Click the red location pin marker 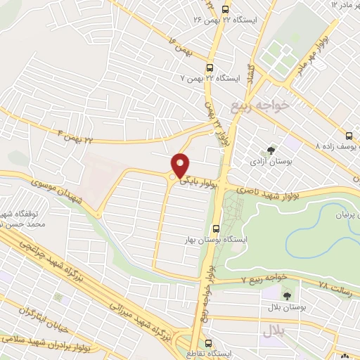[x=180, y=165]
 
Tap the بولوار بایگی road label [x=199, y=181]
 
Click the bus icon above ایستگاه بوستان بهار [x=216, y=228]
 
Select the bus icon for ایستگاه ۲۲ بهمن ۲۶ [x=225, y=9]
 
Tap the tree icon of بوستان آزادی [x=270, y=150]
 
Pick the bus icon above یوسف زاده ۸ [x=348, y=136]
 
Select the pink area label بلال [x=274, y=331]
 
